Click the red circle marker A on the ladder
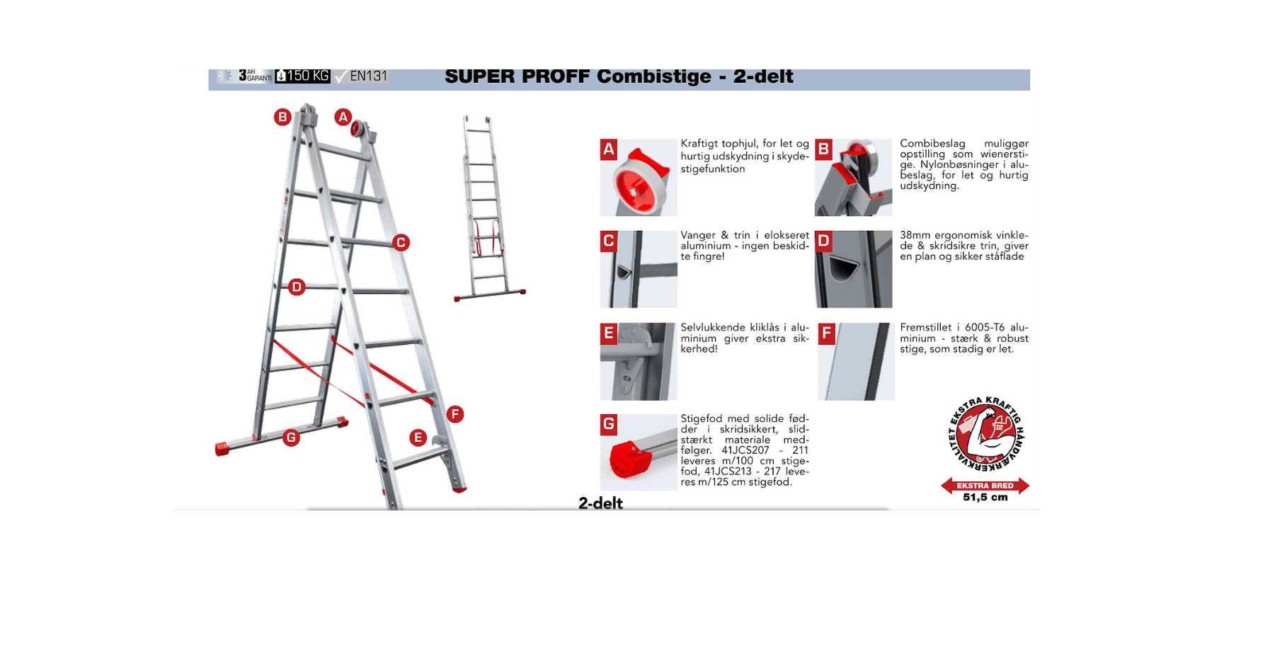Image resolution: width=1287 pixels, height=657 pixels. [x=343, y=117]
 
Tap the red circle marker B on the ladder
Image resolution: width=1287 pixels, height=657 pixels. [x=282, y=117]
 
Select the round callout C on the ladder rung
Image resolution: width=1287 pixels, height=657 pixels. [x=401, y=243]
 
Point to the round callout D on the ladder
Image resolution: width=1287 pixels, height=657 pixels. [x=297, y=287]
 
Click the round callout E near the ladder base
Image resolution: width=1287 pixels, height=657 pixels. [x=418, y=438]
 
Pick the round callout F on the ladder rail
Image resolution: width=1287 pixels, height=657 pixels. [x=455, y=414]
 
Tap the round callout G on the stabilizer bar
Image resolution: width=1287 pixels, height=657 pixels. [x=291, y=438]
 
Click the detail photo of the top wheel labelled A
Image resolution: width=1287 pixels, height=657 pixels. [x=639, y=178]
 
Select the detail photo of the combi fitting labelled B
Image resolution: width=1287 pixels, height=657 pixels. [x=854, y=178]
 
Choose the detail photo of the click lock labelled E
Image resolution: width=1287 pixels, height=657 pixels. [x=639, y=362]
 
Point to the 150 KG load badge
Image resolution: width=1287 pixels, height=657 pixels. [x=303, y=76]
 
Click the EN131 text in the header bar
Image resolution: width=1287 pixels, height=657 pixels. [x=368, y=76]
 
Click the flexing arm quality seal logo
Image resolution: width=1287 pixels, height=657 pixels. [x=985, y=435]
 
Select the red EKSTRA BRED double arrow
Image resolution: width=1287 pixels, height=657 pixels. [x=985, y=486]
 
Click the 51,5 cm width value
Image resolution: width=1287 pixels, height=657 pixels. [x=985, y=498]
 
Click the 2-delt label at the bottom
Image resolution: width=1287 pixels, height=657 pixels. [x=600, y=503]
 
